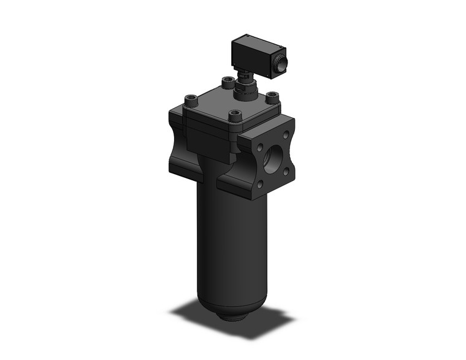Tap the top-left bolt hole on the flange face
261,148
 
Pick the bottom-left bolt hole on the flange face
261,182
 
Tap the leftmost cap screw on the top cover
191,98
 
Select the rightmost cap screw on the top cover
272,97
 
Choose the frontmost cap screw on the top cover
234,115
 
